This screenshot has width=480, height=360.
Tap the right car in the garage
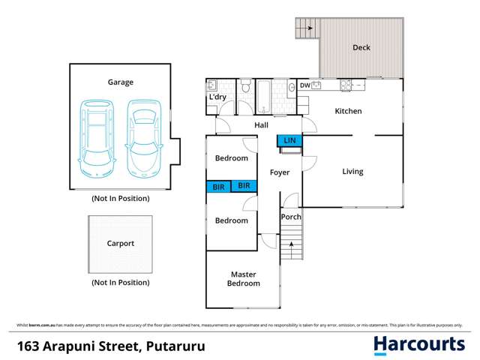tap(144, 136)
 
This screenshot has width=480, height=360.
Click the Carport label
tap(120, 244)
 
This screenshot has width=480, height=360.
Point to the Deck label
tap(361, 48)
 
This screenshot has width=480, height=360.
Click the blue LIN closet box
tap(289, 140)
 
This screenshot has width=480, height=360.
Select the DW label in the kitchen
tap(304, 85)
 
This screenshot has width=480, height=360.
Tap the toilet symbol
tap(246, 88)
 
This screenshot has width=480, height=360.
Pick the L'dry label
tap(217, 98)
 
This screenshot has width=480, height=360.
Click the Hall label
tap(261, 125)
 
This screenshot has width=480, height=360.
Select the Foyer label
tap(280, 172)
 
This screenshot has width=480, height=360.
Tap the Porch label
tap(290, 217)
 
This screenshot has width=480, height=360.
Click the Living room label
tap(352, 172)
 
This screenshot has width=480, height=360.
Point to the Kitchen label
tap(348, 111)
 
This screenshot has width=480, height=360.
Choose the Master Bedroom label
tap(244, 279)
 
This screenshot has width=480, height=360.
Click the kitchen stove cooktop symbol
tap(346, 85)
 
